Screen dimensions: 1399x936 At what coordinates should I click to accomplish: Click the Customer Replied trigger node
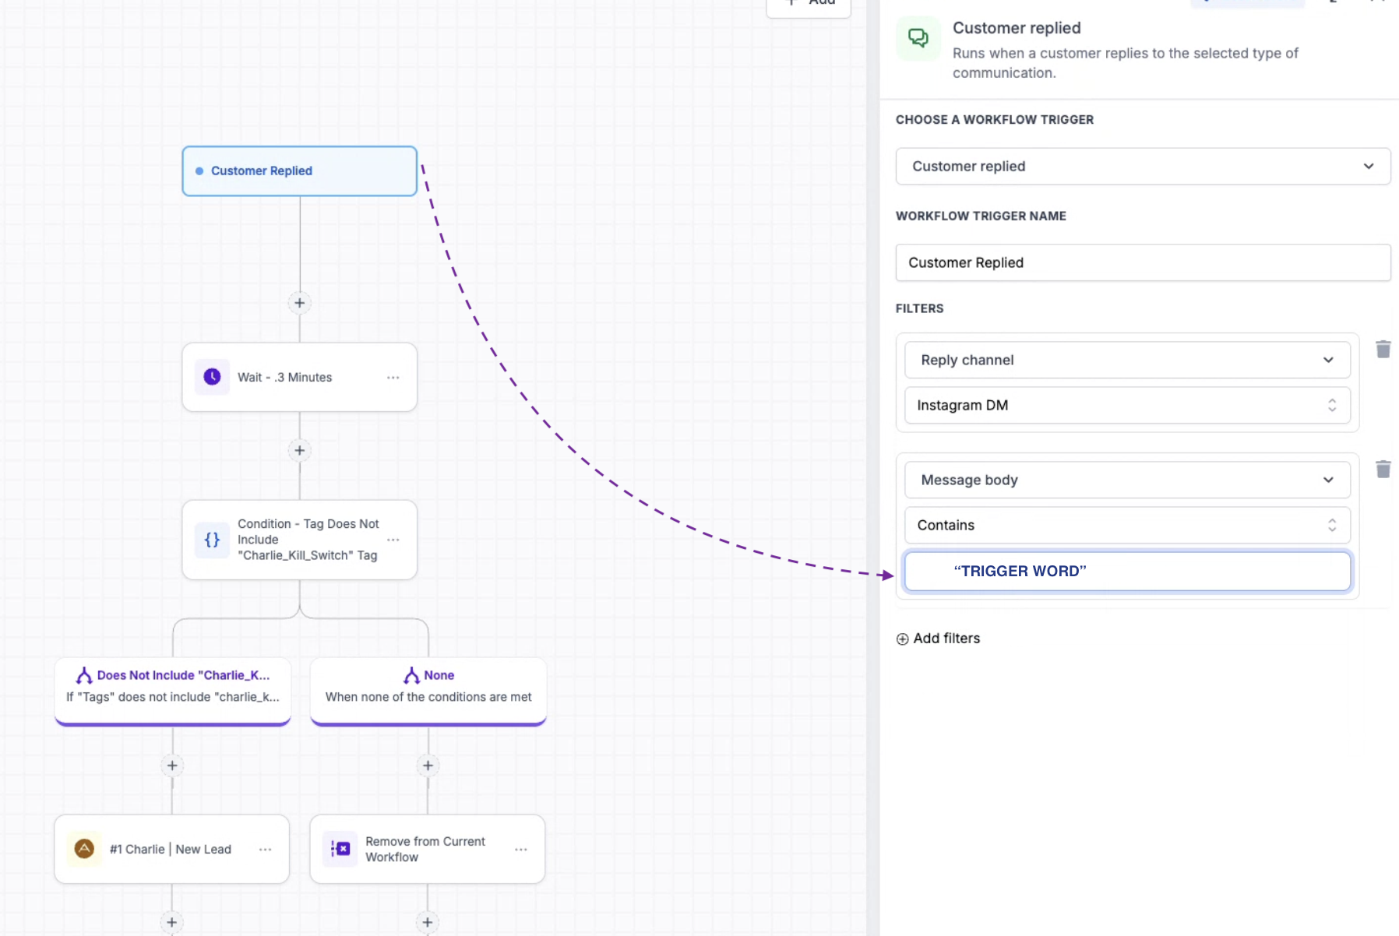pos(299,171)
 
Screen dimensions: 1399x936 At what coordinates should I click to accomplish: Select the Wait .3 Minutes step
pos(299,377)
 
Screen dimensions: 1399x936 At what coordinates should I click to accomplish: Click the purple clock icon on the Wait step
pos(212,377)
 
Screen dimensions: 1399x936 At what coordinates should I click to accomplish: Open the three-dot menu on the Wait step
pos(393,378)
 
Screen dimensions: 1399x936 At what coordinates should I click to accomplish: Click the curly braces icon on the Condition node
pos(212,540)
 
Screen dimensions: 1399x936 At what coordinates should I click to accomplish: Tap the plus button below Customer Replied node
pos(299,303)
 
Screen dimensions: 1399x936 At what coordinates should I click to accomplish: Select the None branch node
pos(428,691)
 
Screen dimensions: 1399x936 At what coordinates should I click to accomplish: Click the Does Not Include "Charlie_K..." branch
pos(172,691)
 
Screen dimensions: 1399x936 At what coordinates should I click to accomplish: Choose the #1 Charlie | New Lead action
pos(171,849)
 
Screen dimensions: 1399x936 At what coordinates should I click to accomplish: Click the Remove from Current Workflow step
pos(427,849)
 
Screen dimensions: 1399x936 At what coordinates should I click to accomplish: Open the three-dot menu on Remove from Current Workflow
pos(521,850)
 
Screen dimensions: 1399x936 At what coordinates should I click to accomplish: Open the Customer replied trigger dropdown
pos(1143,166)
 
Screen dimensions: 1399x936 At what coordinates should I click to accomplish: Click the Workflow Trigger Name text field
pos(1143,262)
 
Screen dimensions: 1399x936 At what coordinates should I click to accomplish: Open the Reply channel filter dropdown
pos(1127,360)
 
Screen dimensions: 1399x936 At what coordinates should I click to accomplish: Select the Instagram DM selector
pos(1127,405)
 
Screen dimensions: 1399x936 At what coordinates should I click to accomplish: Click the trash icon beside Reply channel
pos(1383,349)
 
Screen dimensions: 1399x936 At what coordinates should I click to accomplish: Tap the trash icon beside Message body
pos(1383,469)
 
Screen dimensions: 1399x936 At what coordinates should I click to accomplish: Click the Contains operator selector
pos(1127,525)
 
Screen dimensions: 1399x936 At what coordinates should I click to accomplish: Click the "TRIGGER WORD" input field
pos(1127,571)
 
